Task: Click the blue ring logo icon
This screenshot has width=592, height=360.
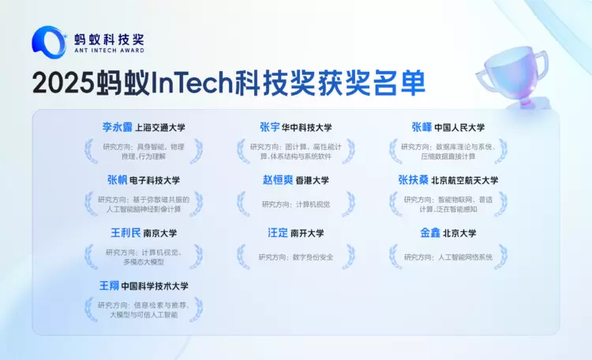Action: [x=48, y=42]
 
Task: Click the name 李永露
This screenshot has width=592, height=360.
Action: [x=117, y=126]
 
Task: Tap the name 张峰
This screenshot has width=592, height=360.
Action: [x=421, y=126]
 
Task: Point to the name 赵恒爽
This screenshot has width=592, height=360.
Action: [x=278, y=180]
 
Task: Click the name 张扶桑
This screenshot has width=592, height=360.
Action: [x=414, y=180]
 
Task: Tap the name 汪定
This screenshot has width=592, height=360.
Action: [x=277, y=233]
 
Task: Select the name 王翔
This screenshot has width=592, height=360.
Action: [x=108, y=285]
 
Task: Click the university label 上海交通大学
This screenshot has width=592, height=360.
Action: [x=160, y=127]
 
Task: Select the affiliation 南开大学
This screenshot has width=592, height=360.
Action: [x=307, y=234]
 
